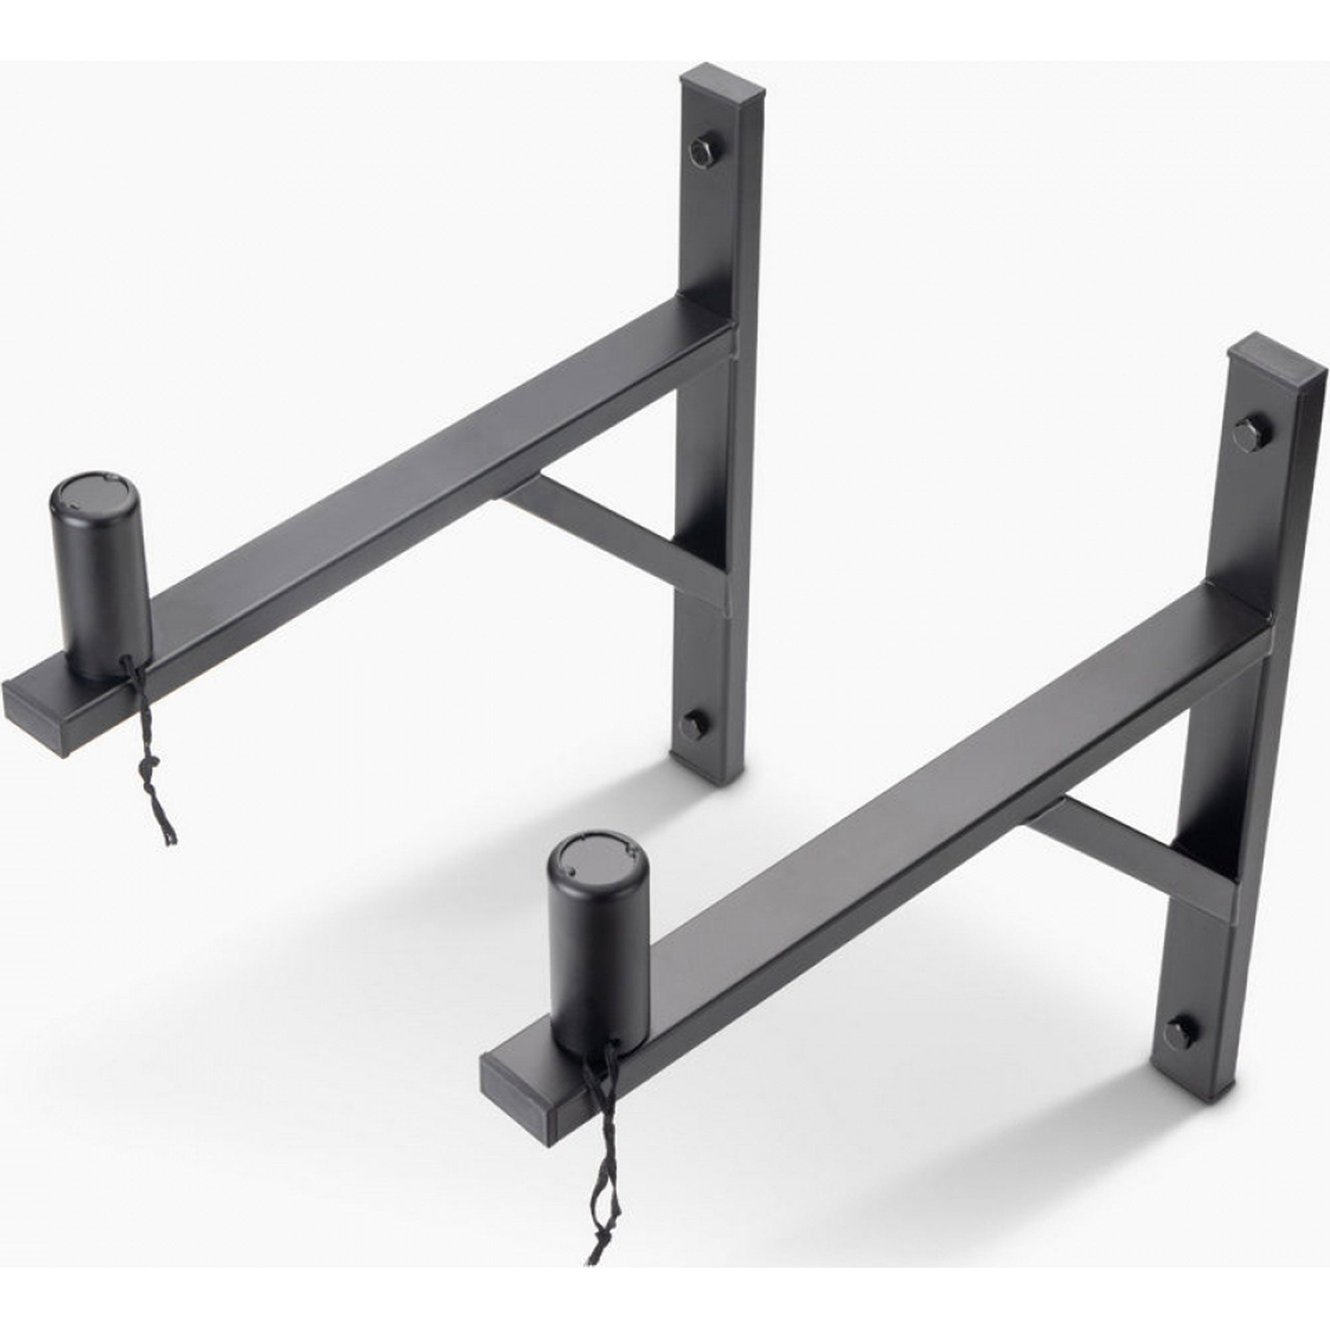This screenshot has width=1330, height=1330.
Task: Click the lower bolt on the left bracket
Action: click(x=693, y=724)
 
